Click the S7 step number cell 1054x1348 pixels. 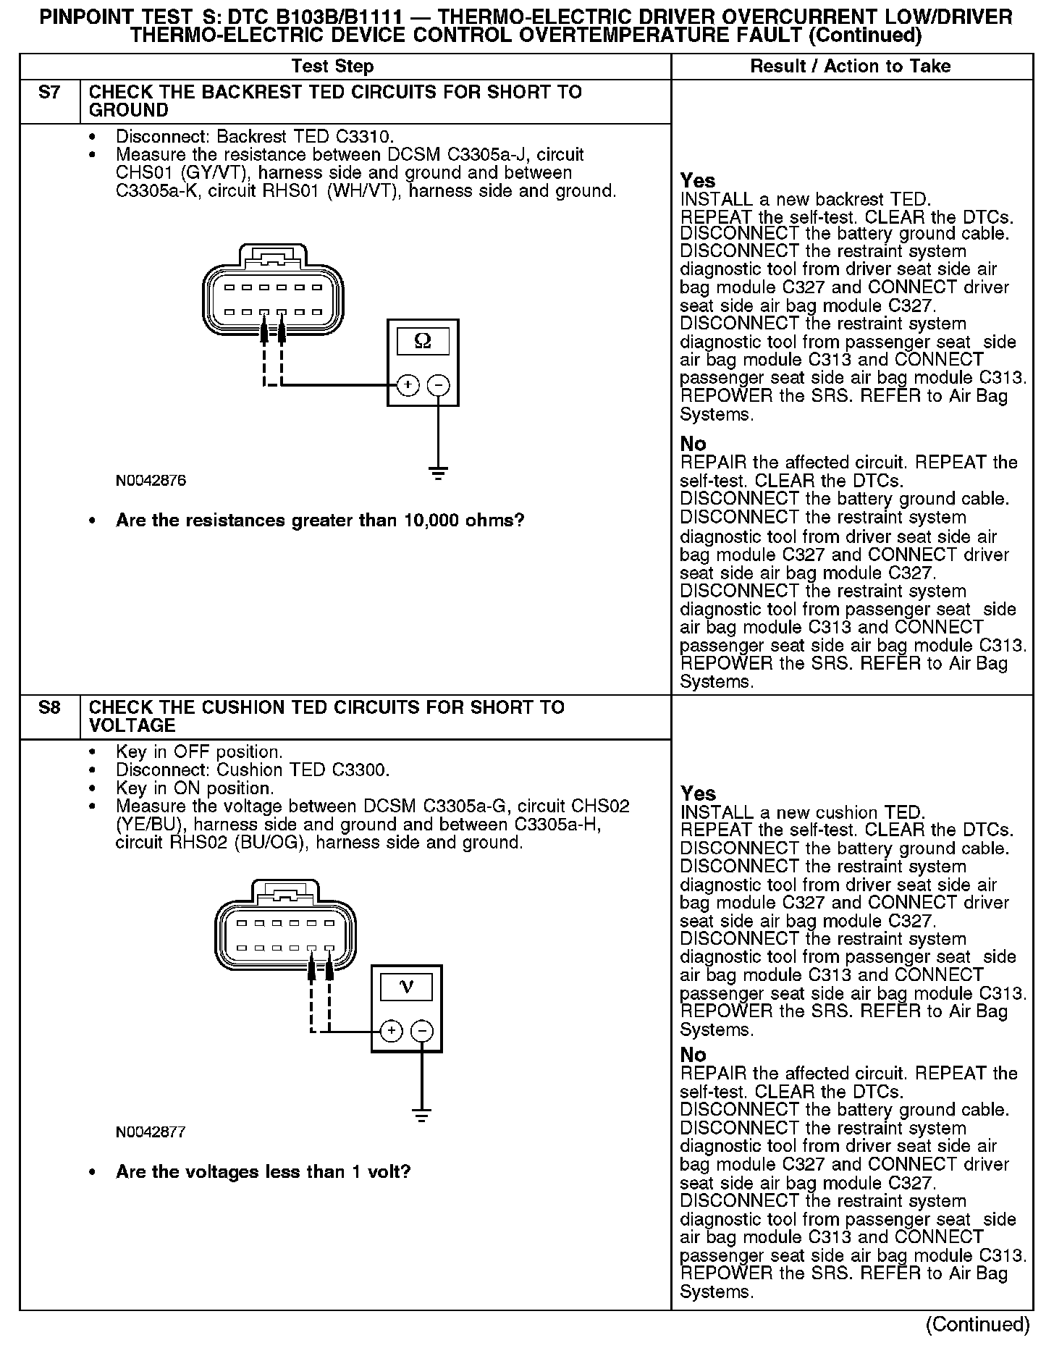tap(49, 93)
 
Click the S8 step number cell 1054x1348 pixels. tap(49, 708)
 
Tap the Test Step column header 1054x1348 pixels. tap(332, 67)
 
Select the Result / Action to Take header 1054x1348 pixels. tap(851, 67)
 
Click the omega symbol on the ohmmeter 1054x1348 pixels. tap(423, 341)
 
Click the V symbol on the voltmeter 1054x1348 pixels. tap(406, 986)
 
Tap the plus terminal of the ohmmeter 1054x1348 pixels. tap(408, 385)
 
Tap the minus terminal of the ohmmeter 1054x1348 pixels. tap(438, 385)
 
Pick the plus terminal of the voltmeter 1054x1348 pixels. tap(391, 1031)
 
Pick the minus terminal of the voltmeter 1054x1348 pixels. tap(422, 1031)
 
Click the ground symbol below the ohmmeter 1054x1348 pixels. tap(437, 475)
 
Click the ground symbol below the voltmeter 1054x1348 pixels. tap(421, 1116)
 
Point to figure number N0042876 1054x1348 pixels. tap(151, 481)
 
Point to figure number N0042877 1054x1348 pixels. tap(151, 1132)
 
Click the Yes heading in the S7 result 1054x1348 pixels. tap(698, 181)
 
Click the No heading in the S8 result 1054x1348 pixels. tap(693, 1055)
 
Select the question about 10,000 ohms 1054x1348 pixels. tap(319, 521)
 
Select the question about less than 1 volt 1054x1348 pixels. tap(263, 1172)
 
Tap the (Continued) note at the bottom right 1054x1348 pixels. tap(977, 1324)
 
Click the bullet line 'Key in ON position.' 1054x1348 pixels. tap(195, 788)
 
